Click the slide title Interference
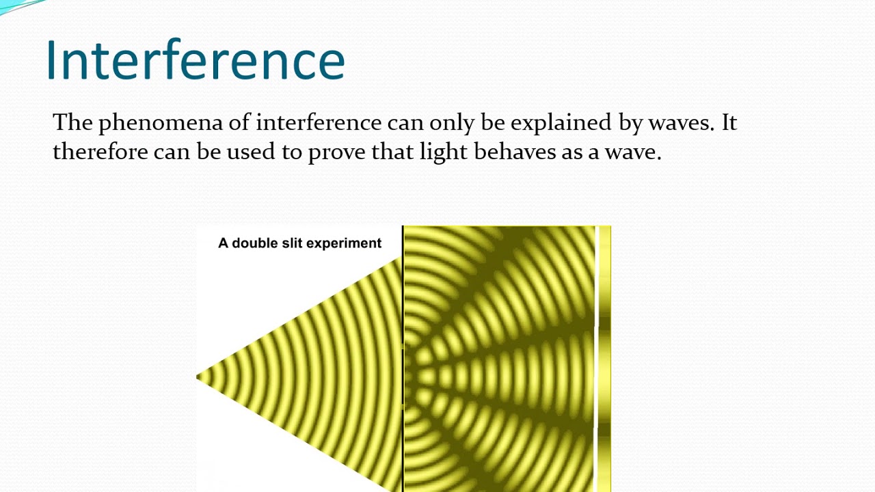[196, 60]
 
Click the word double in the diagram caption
[256, 243]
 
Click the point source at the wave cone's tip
[199, 377]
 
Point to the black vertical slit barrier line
[403, 307]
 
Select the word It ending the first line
[729, 123]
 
